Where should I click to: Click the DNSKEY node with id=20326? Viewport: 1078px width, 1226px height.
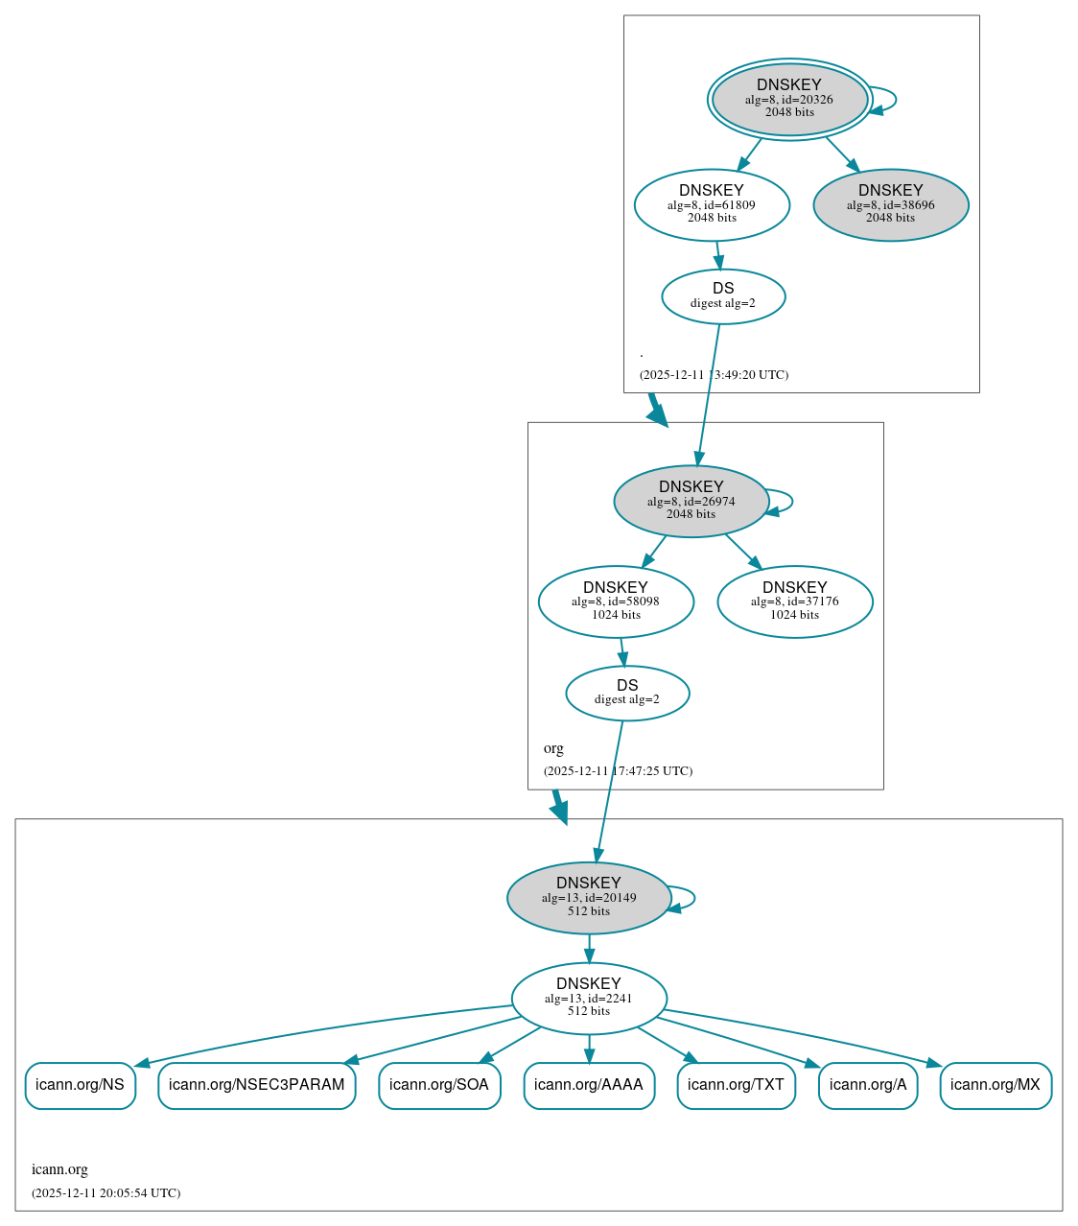[789, 99]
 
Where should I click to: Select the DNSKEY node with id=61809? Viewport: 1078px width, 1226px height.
[712, 204]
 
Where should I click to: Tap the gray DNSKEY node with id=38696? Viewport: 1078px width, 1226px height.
[890, 204]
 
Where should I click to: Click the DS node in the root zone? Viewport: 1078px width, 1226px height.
[723, 296]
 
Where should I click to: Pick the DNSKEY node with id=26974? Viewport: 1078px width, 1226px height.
[691, 501]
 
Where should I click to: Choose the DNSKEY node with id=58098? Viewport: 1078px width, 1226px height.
[616, 601]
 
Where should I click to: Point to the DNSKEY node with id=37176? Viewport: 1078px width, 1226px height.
[794, 601]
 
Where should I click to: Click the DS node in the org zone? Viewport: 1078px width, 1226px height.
[627, 693]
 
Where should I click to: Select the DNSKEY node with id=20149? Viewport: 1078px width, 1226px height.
[588, 898]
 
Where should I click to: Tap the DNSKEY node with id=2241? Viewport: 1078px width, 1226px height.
[588, 999]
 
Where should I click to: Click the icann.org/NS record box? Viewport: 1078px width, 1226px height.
[80, 1085]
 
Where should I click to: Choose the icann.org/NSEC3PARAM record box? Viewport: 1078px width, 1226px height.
[256, 1085]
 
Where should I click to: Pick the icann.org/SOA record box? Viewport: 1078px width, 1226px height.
[439, 1085]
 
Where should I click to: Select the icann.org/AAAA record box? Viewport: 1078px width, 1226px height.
[589, 1085]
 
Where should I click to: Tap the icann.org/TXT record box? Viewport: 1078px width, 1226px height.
[736, 1085]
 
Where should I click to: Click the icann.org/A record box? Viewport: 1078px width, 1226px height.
[868, 1085]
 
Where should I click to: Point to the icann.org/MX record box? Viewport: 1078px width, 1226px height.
[996, 1085]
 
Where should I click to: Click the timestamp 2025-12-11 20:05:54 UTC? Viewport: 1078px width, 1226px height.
[105, 1193]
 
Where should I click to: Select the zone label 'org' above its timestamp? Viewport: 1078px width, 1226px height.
[553, 748]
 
